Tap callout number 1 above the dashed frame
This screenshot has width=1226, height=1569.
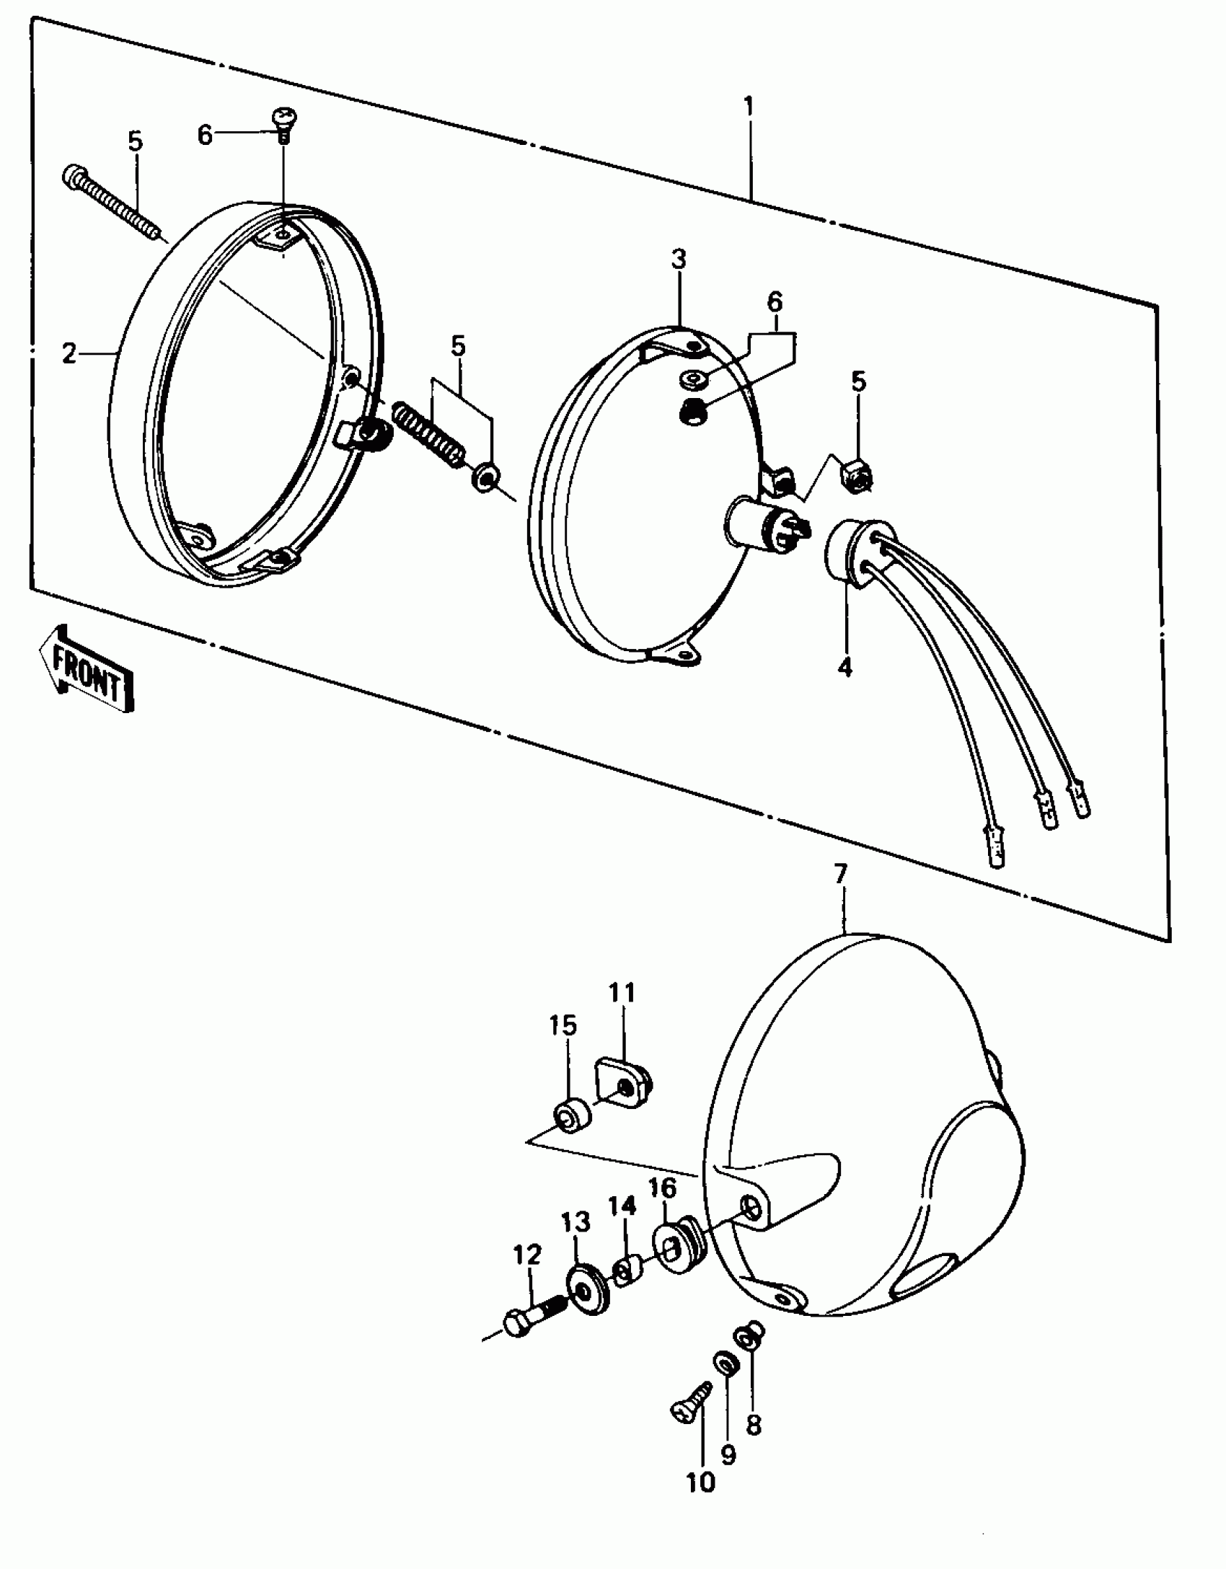pos(749,107)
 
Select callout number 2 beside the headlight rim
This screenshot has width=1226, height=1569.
pos(69,353)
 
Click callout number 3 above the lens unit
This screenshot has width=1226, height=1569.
pos(679,260)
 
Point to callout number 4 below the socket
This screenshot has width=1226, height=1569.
pos(844,667)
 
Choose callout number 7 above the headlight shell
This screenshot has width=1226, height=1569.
pos(841,874)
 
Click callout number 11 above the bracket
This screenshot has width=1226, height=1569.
pos(622,993)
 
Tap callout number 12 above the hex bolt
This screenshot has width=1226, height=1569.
pos(527,1255)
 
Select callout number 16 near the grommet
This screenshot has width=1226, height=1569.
pos(663,1188)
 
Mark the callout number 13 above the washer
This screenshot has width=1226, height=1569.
pos(575,1222)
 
